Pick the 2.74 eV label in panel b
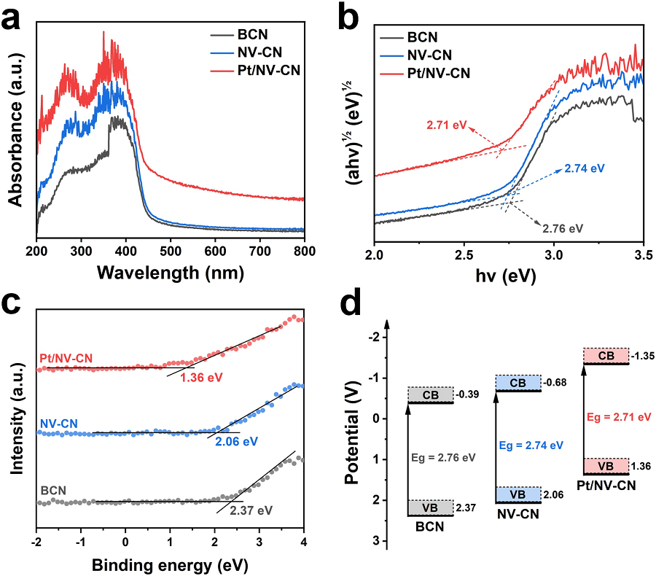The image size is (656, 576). pyautogui.click(x=585, y=168)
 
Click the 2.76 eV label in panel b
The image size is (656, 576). pyautogui.click(x=563, y=227)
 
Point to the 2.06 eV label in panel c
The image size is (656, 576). pyautogui.click(x=238, y=440)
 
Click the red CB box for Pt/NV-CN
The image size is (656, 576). pyautogui.click(x=605, y=355)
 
